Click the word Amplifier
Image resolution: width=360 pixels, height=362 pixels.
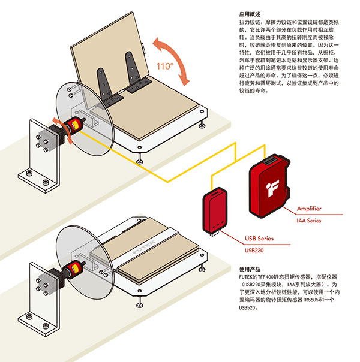point(309,209)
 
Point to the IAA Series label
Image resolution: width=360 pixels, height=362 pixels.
point(309,221)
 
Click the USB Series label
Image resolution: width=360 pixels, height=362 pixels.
point(257,238)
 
